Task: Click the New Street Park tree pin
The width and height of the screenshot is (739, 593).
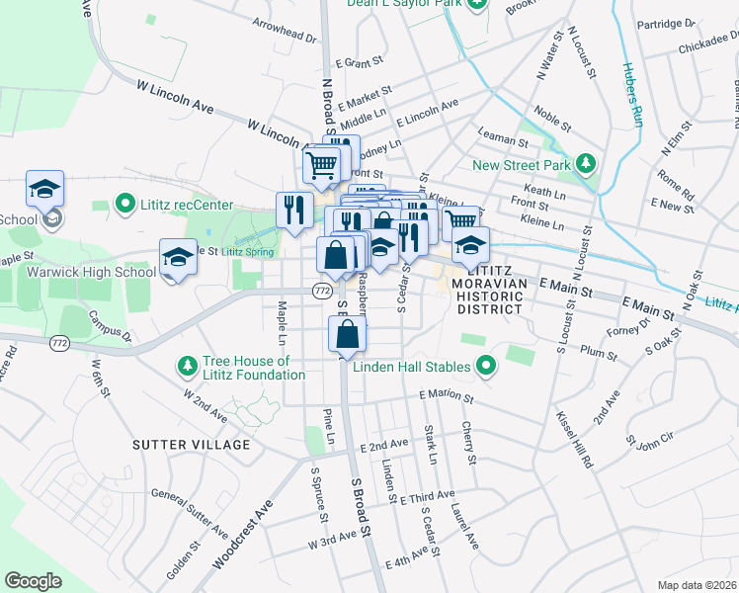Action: point(586,163)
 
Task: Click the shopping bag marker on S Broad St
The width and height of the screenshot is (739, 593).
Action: point(347,336)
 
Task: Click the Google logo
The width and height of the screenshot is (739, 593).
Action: point(33,581)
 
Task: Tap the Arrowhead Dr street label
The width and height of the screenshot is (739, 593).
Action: point(284,31)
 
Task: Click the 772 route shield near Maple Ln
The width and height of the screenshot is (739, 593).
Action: point(321,291)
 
